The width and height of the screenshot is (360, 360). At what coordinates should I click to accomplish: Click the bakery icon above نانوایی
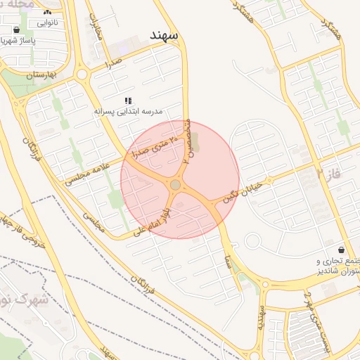pos(46,12)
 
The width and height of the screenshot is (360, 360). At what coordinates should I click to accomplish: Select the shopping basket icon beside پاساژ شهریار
pos(16,30)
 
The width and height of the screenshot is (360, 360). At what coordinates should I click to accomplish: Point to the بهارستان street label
pos(40,74)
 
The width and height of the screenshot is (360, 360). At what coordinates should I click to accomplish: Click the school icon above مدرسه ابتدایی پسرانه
pos(127,101)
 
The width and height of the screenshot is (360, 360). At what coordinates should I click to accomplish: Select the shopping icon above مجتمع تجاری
pos(341,250)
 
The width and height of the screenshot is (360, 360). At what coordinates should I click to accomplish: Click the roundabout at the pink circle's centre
pos(175,185)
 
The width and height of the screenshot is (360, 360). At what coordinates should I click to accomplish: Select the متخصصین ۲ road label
pos(188,141)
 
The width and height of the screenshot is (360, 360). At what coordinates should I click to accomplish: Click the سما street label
pos(229,262)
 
